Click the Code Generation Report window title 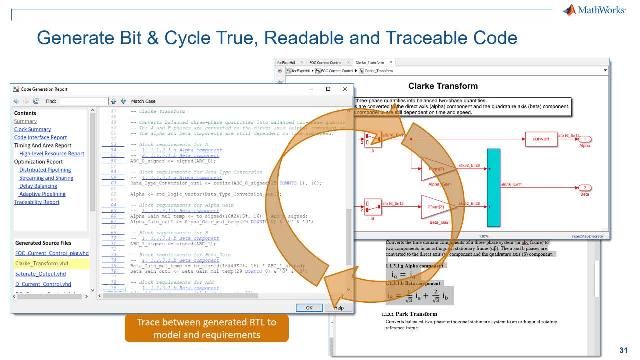coord(49,88)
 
